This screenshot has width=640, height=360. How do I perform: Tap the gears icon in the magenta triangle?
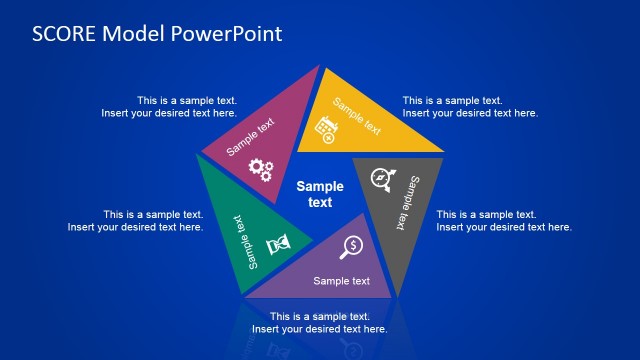(261, 169)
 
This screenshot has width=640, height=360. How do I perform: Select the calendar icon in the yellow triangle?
(326, 127)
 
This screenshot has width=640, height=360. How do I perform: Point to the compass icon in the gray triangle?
(381, 179)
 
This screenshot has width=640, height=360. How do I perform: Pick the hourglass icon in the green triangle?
(279, 243)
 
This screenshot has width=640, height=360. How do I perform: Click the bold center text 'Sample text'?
(320, 193)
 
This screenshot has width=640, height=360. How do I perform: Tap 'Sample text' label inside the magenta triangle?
(249, 138)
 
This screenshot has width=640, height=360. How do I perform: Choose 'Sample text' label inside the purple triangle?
(342, 281)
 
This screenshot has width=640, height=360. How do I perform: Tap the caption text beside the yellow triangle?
(470, 107)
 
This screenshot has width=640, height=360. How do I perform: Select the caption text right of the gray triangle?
(504, 221)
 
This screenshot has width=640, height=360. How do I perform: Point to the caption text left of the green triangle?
(135, 221)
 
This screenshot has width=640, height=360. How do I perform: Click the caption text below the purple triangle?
(319, 323)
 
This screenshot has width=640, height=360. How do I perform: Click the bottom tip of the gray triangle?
(398, 295)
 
